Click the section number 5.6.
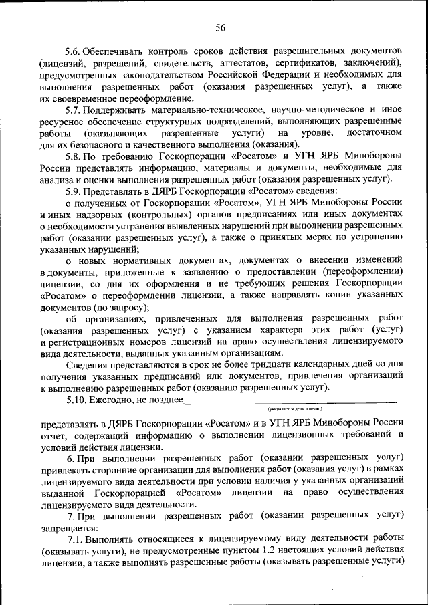click(74, 51)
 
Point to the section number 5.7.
click(74, 109)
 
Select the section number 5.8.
click(74, 155)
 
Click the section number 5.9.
click(74, 189)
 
